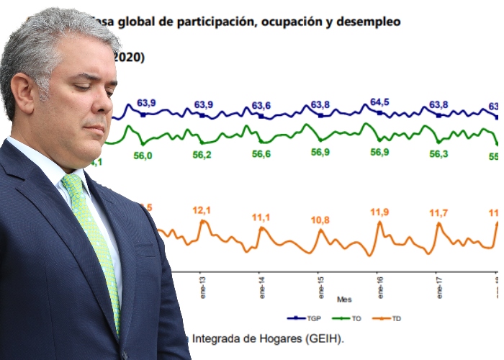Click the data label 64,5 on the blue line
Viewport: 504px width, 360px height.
[379, 102]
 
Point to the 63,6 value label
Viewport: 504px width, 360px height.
[261, 106]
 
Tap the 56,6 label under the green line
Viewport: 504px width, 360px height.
[261, 154]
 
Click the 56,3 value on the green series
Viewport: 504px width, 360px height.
[439, 153]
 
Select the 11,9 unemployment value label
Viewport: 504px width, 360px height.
[379, 211]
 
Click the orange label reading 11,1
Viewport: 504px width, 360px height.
[261, 217]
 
